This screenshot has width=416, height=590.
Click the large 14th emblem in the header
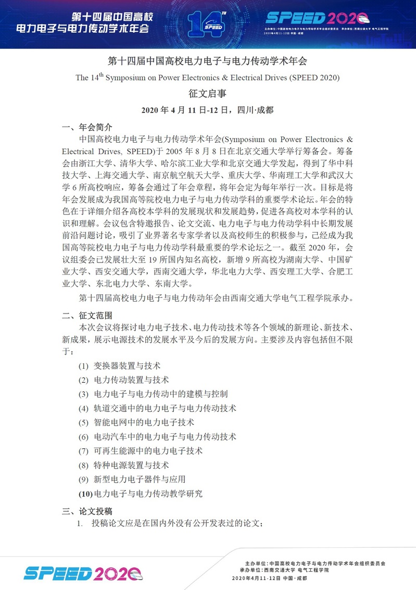pos(207,23)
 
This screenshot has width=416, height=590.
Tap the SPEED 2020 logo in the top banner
pos(317,17)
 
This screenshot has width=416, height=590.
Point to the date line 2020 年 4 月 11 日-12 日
pos(208,110)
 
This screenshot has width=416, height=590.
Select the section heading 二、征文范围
pos(87,316)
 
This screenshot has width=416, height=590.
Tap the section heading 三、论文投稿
pos(87,510)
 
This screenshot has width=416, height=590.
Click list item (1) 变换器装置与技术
pos(120,366)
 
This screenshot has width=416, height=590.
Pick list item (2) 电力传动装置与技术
pos(124,380)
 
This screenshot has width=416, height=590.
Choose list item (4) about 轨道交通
pos(157,408)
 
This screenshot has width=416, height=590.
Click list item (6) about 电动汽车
pos(157,436)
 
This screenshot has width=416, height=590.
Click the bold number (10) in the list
pos(85,493)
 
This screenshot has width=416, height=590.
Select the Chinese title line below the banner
pos(208,61)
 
